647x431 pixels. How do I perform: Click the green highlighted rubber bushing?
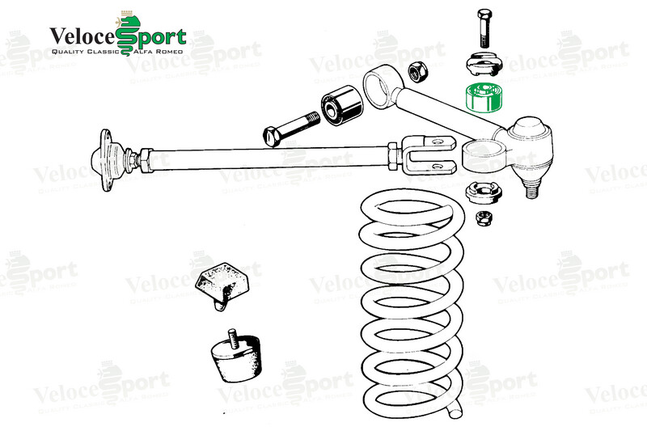click(483, 98)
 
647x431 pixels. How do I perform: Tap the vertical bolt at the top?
click(484, 28)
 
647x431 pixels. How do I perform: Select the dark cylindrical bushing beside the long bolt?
click(341, 106)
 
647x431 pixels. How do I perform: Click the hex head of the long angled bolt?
click(272, 136)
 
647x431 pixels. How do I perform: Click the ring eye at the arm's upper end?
click(378, 88)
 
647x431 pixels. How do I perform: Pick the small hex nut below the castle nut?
click(484, 218)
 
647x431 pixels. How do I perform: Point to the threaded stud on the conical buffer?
click(233, 338)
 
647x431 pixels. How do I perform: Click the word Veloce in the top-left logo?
click(82, 36)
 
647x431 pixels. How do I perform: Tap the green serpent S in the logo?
click(129, 33)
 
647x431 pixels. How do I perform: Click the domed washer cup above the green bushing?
click(484, 64)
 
